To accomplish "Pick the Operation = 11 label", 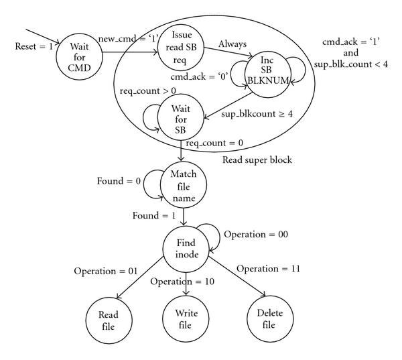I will coord(268,268).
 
